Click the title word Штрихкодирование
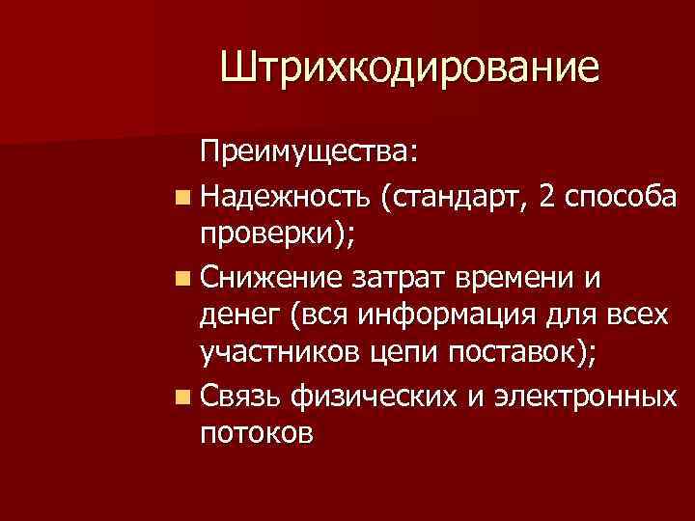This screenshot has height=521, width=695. point(409,69)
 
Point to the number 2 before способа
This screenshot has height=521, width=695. point(547,198)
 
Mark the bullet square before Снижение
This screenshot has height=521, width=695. point(183,280)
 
